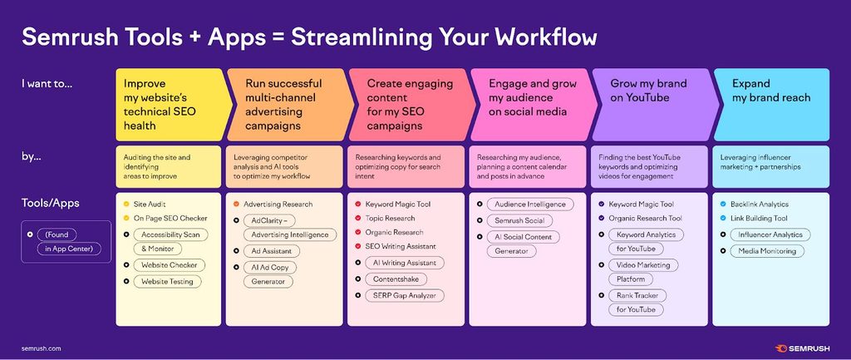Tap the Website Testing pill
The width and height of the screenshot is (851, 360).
pos(167,281)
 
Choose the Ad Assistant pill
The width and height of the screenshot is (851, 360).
pos(272,251)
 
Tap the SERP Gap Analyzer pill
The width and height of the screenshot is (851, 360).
pos(405,296)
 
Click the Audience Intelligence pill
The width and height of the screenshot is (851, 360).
pos(529,205)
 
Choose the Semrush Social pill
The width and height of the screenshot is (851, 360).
pos(519,221)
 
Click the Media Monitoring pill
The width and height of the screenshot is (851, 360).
pos(766,251)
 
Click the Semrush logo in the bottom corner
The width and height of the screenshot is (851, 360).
pos(802,348)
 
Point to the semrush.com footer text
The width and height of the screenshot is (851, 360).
pos(41,348)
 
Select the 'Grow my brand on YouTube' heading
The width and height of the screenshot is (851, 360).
pos(648,91)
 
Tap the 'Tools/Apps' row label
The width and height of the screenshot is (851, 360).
pos(51,204)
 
